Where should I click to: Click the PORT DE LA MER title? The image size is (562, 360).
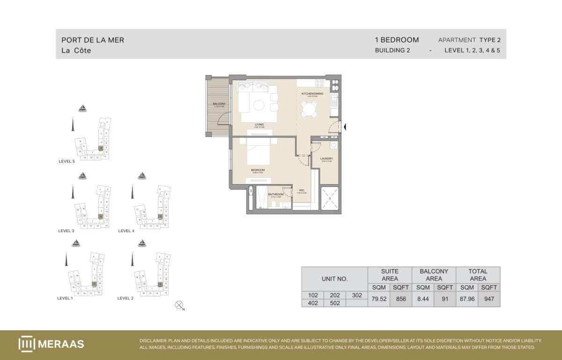pos(93,40)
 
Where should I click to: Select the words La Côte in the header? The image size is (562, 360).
pos(76,51)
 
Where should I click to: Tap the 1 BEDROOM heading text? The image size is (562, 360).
pos(397,40)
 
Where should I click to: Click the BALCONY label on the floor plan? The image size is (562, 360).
pos(220,104)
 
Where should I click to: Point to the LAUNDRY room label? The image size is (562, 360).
pos(326,159)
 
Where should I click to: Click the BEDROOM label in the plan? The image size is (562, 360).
pos(258,170)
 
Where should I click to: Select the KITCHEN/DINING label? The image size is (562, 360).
pos(312,94)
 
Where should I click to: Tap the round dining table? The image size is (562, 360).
pos(310,110)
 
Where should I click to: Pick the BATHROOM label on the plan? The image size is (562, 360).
pos(276,194)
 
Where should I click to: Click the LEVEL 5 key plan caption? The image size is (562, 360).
pos(67,161)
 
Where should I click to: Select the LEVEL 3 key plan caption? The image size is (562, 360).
pos(66,231)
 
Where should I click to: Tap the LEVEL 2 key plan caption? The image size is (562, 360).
pos(126,298)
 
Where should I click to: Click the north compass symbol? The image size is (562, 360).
pos(178,305)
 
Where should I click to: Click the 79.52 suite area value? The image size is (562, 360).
pos(379,299)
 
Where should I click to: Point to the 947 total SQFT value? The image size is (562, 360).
pos(489,299)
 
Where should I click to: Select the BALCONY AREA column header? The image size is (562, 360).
pos(434,275)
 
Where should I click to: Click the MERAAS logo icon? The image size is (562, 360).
pos(26,344)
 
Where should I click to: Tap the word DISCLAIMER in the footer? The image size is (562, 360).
pos(153,341)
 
